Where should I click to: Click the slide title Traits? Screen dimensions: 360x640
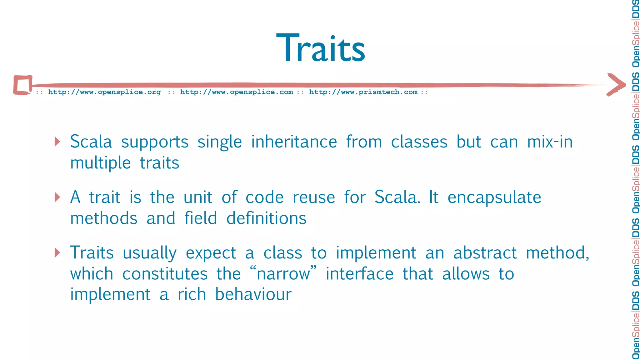click(321, 48)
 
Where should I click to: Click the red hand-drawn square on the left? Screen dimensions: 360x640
click(23, 85)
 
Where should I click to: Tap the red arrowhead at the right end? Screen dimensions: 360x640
click(617, 84)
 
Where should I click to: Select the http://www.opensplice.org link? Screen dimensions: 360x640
click(104, 92)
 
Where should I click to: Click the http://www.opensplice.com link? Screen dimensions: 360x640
click(237, 92)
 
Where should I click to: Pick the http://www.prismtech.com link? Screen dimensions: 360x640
click(363, 92)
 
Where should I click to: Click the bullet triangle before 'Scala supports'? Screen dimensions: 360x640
click(57, 142)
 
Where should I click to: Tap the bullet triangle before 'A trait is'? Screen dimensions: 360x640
click(57, 197)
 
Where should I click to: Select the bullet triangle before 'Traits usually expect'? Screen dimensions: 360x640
click(57, 252)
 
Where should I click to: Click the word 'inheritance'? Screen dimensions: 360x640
click(294, 142)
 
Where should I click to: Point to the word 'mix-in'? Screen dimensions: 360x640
click(550, 142)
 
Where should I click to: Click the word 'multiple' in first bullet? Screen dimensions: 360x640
click(100, 163)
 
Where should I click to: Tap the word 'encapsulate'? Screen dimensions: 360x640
click(494, 197)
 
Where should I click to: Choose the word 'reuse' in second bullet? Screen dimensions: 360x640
click(314, 197)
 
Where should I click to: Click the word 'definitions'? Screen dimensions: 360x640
click(266, 218)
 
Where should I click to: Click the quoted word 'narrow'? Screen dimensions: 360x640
click(283, 274)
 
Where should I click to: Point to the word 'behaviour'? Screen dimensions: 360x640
click(253, 294)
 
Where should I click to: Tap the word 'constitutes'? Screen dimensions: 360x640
click(165, 274)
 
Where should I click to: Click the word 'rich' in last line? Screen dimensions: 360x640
click(192, 294)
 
